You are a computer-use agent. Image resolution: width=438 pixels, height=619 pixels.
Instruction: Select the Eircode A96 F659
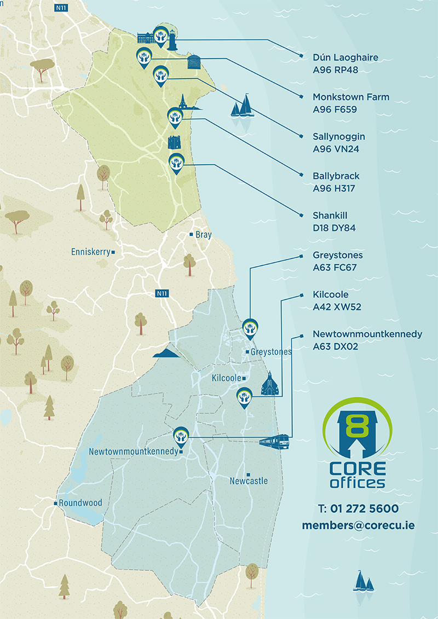(335, 109)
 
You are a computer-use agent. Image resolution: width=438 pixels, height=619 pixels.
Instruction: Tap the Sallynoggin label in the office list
(338, 136)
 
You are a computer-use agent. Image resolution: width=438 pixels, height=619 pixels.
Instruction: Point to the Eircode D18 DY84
(334, 228)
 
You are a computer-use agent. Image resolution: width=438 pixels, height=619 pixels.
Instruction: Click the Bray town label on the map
(203, 234)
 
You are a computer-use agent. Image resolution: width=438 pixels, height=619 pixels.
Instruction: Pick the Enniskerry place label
(90, 252)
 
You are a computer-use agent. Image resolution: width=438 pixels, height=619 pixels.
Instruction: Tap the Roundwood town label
(80, 503)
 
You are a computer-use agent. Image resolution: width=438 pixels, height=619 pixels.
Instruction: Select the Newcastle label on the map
(249, 481)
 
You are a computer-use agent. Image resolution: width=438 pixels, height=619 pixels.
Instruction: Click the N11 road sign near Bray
(162, 294)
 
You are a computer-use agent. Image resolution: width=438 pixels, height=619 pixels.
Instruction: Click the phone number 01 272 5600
(358, 508)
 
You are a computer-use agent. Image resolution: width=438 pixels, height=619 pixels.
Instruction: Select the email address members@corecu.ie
(358, 525)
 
